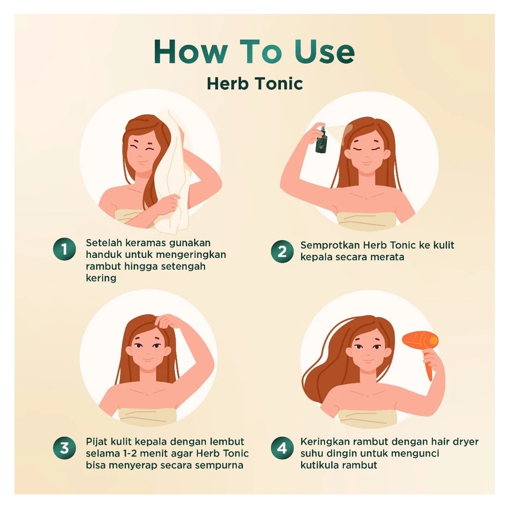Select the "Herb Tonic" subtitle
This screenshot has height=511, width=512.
(255, 83)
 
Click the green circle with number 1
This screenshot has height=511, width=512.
(64, 249)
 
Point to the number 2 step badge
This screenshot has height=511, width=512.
(281, 250)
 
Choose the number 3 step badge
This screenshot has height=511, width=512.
(64, 447)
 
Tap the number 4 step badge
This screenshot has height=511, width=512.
(281, 447)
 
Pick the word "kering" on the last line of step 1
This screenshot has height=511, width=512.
(101, 278)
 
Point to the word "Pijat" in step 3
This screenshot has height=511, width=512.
(97, 442)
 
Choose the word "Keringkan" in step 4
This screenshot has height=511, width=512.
(325, 442)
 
